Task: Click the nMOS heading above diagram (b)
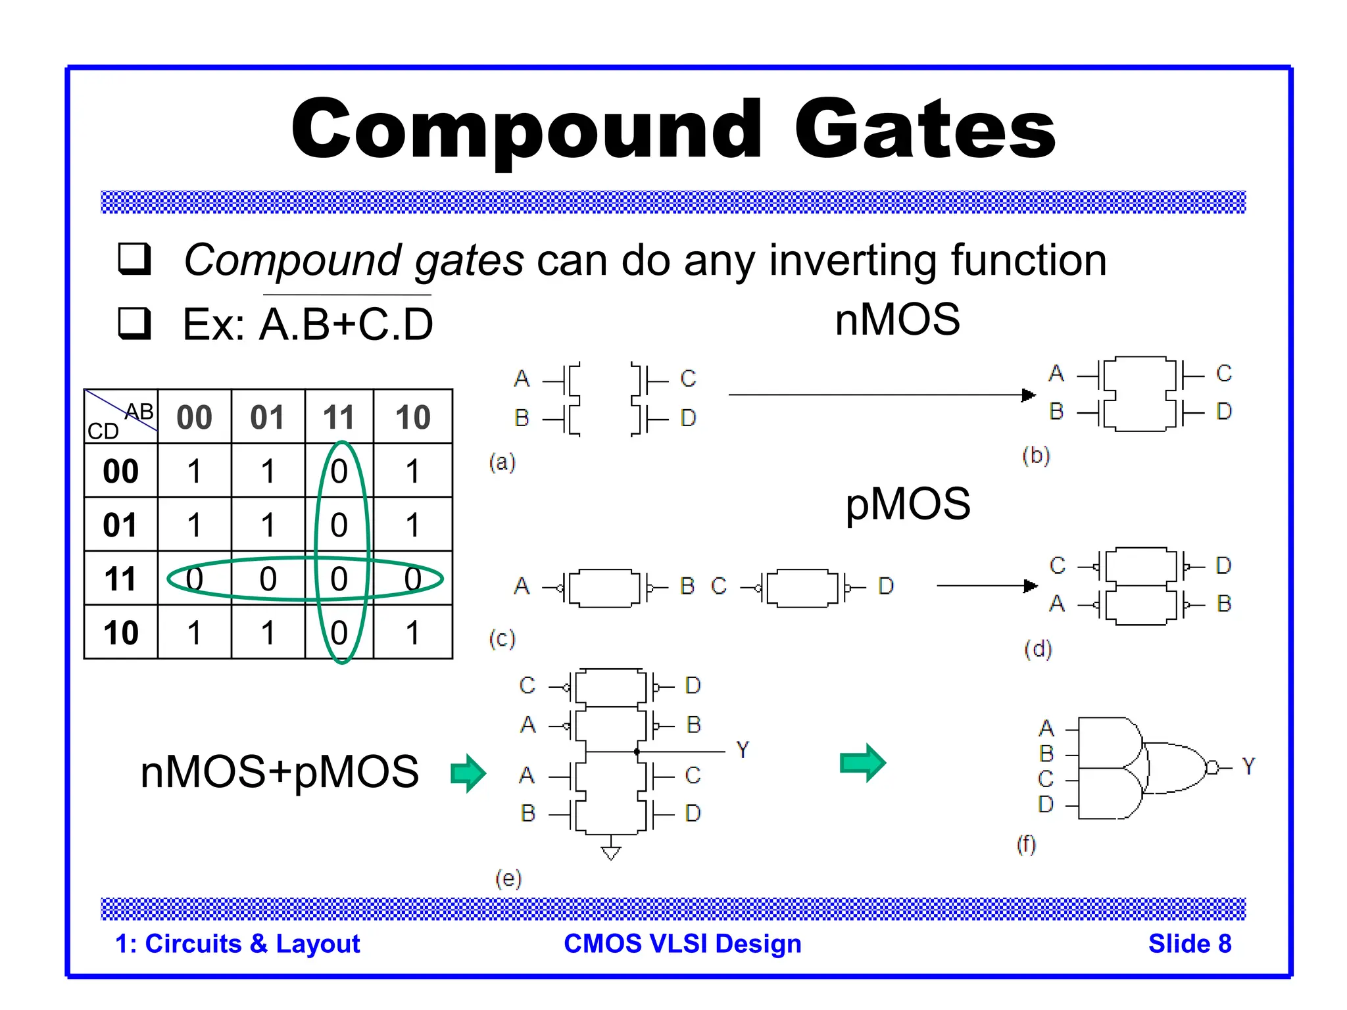click(897, 320)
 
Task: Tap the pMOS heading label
click(908, 504)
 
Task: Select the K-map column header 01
click(267, 418)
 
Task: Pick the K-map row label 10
click(121, 633)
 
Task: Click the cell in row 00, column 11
click(339, 471)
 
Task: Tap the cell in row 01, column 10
click(412, 525)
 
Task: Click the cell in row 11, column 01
click(268, 579)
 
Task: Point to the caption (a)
click(502, 462)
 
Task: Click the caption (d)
click(1038, 650)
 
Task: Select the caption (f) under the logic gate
click(1026, 844)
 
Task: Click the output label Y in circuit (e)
click(743, 750)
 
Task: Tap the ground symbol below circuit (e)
click(611, 853)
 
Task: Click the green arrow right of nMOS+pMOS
click(468, 773)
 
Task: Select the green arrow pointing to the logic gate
click(863, 763)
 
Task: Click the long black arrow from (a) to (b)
click(881, 395)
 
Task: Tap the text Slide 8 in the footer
click(1190, 944)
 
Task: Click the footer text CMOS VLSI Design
click(683, 944)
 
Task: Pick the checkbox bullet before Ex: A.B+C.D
click(135, 323)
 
